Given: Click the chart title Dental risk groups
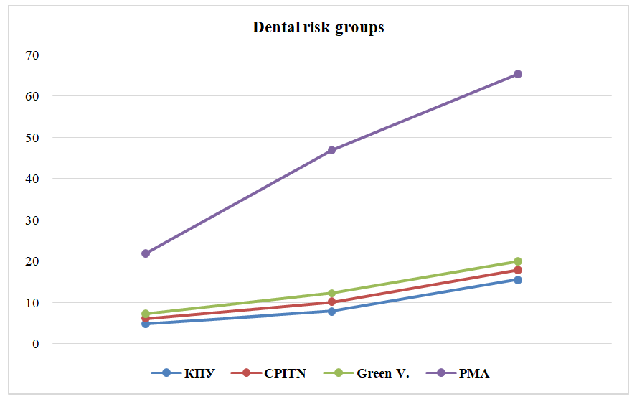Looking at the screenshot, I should [x=318, y=28].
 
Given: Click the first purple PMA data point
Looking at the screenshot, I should [x=146, y=253].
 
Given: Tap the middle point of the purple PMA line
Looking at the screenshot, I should [x=331, y=150].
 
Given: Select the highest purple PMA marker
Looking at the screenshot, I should [x=517, y=74].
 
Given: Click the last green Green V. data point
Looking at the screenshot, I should [x=517, y=261].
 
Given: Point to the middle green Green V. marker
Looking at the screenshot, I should [x=331, y=293].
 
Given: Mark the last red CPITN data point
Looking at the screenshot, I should [x=517, y=270].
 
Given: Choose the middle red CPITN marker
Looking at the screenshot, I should [x=331, y=302].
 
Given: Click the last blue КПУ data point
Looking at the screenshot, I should [x=517, y=280].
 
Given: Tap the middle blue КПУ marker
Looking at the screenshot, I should [x=331, y=312].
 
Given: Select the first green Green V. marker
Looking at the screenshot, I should [x=146, y=314].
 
